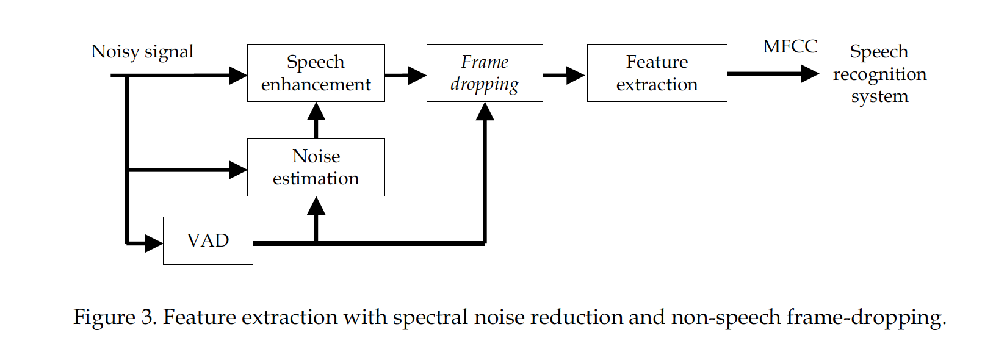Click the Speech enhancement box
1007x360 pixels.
[x=316, y=73]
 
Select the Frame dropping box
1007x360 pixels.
[x=485, y=73]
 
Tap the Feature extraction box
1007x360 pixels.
[x=657, y=73]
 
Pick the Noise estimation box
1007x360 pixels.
[x=316, y=167]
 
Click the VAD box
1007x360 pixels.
[x=208, y=240]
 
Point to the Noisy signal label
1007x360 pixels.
[x=142, y=51]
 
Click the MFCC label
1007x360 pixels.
[x=790, y=46]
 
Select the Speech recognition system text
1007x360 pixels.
[x=879, y=74]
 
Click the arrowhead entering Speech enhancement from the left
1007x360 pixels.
[x=238, y=76]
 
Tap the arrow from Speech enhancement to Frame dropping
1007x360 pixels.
[x=405, y=76]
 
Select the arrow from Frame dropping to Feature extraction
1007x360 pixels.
[x=564, y=76]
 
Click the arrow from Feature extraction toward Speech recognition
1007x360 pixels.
[x=773, y=74]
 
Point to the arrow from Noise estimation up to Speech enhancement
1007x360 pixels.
[x=316, y=120]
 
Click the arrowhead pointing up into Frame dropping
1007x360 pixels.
[x=485, y=112]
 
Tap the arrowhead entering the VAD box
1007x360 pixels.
[x=153, y=243]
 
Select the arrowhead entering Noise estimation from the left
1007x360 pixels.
[x=238, y=170]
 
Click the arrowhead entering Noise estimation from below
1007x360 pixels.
[x=316, y=206]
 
